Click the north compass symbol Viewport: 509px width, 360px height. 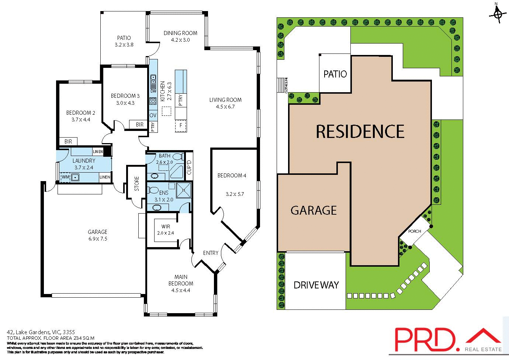(x=498, y=14)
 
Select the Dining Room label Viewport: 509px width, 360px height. (x=180, y=33)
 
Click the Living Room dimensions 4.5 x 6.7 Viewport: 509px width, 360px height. (x=225, y=107)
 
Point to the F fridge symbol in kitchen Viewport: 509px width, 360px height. (x=181, y=125)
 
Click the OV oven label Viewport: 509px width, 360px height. (x=153, y=115)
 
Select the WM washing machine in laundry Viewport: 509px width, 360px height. (x=66, y=177)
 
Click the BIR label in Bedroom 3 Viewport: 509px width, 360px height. (x=139, y=125)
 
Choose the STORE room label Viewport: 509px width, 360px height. (x=136, y=183)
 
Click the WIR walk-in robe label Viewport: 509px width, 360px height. (x=166, y=226)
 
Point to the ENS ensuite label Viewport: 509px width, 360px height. (x=164, y=193)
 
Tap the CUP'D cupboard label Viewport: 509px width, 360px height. (x=189, y=167)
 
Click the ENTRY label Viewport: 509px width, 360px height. (x=211, y=253)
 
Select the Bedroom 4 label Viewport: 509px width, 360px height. (x=232, y=176)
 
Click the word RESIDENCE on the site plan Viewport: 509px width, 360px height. (x=360, y=132)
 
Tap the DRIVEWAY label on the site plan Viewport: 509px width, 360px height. (x=316, y=285)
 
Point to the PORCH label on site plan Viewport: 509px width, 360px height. (x=415, y=231)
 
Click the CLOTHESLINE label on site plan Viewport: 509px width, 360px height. (x=286, y=85)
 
